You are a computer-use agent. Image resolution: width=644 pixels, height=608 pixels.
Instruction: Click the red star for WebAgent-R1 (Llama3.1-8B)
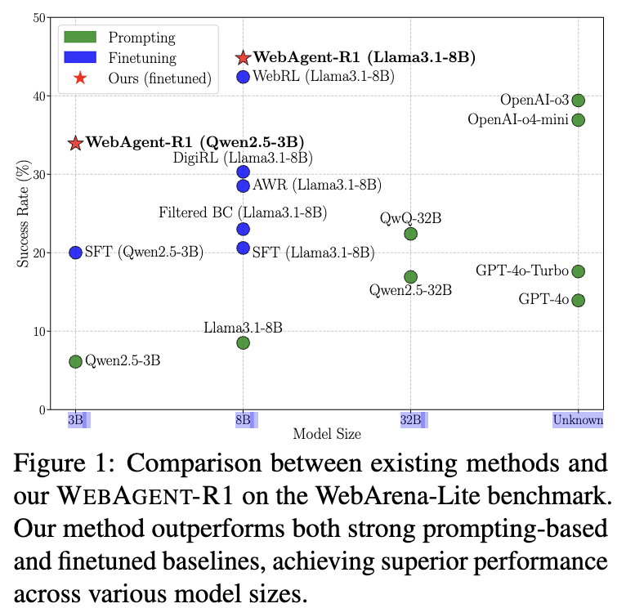[244, 58]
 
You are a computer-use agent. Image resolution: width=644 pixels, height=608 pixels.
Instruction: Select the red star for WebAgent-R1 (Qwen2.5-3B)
[75, 143]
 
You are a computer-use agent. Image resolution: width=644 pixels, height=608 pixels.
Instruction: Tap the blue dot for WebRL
[244, 77]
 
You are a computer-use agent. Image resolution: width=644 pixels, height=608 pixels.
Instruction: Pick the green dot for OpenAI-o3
[579, 101]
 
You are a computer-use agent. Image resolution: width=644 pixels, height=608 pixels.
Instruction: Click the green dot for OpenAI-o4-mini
[579, 120]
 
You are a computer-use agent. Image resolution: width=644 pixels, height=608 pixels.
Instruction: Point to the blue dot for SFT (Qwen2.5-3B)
[75, 253]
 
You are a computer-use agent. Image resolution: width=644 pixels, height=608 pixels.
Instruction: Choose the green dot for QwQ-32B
[411, 234]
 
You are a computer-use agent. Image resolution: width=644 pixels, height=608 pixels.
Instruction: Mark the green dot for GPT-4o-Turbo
[579, 271]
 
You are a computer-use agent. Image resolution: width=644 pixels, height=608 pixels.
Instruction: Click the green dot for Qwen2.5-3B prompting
[75, 361]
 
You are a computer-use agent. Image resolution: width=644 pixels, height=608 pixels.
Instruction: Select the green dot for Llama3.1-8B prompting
[244, 342]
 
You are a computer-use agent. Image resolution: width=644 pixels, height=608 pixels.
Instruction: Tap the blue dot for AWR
[244, 186]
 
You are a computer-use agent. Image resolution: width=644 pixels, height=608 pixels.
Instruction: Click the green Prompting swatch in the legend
[80, 37]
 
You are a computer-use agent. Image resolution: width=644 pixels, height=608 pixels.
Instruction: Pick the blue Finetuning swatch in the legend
[80, 57]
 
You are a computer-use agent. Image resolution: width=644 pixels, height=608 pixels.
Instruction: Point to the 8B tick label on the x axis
[243, 420]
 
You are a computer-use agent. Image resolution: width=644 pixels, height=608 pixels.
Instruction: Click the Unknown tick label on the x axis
[578, 420]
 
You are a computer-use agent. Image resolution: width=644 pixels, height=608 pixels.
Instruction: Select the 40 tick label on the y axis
[39, 96]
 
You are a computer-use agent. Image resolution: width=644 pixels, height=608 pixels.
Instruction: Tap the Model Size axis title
[327, 434]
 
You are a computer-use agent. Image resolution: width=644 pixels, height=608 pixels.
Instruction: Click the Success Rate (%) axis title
[24, 213]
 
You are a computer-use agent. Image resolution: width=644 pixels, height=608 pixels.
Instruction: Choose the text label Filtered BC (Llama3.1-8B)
[243, 212]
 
